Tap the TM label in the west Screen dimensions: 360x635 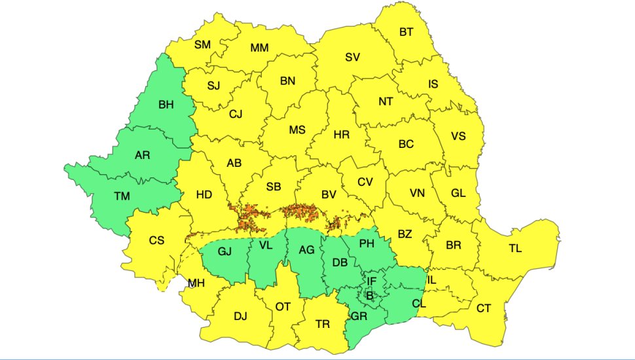pyautogui.click(x=121, y=196)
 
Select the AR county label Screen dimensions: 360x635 pyautogui.click(x=142, y=156)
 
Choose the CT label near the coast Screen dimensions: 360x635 pyautogui.click(x=484, y=308)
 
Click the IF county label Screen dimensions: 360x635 pyautogui.click(x=371, y=281)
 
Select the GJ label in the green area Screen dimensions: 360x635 pyautogui.click(x=225, y=251)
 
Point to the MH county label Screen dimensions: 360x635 pyautogui.click(x=196, y=283)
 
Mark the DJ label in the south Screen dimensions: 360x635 pyautogui.click(x=240, y=317)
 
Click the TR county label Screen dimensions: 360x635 pyautogui.click(x=322, y=324)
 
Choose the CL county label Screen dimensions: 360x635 pyautogui.click(x=420, y=304)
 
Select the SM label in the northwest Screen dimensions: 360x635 pyautogui.click(x=202, y=45)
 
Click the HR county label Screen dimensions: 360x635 pyautogui.click(x=341, y=135)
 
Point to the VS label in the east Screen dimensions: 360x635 pyautogui.click(x=458, y=136)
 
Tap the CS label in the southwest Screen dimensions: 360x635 pyautogui.click(x=156, y=240)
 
